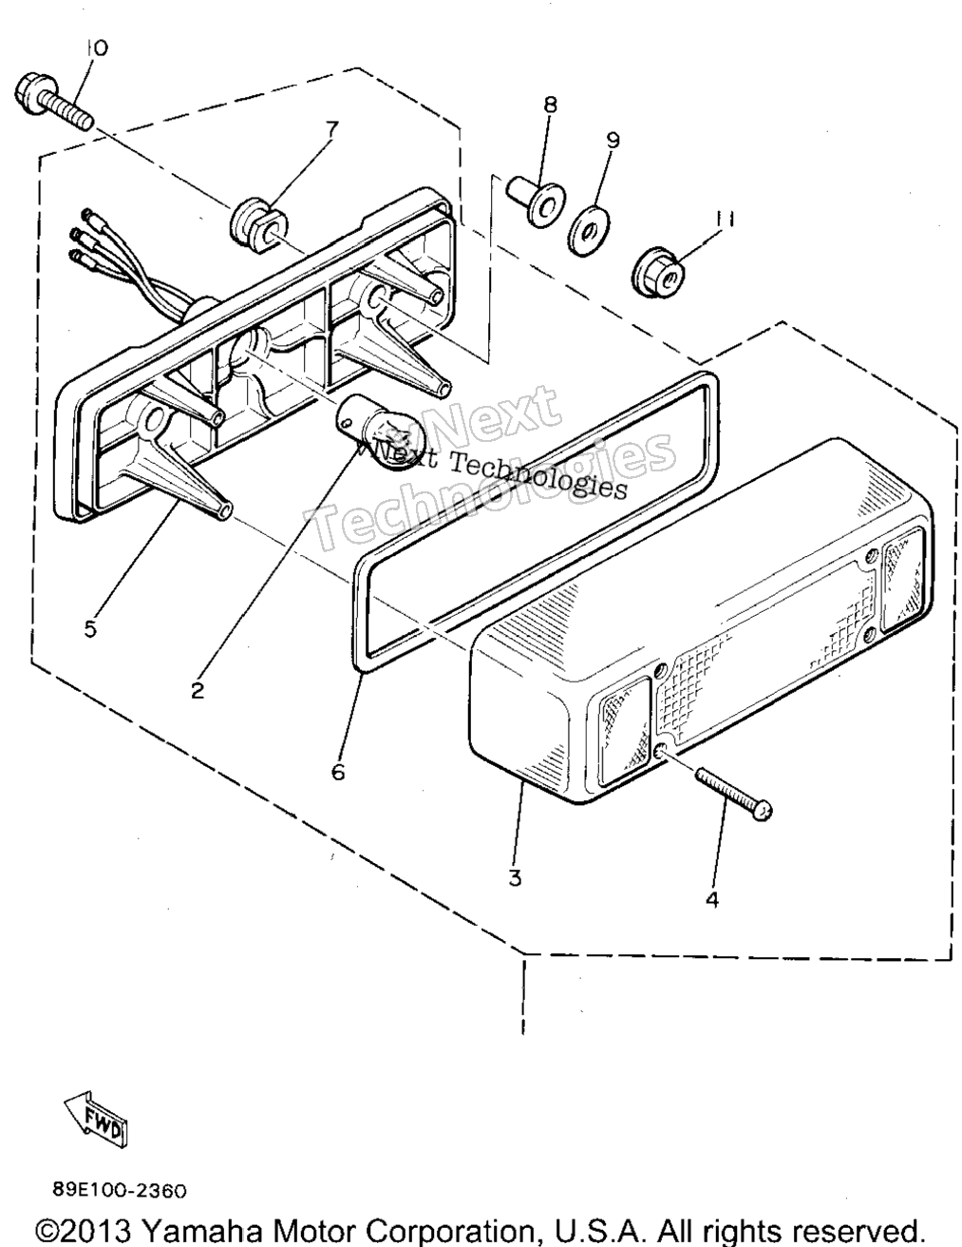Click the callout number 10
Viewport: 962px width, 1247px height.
[x=97, y=48]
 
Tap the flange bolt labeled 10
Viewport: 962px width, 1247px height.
[x=55, y=106]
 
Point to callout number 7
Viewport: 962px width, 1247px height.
[x=331, y=129]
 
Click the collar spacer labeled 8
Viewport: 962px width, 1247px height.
[x=535, y=201]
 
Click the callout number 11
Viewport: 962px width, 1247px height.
[x=724, y=219]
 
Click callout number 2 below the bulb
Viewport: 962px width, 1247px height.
[x=198, y=690]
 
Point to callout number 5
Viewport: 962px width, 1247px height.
[x=90, y=629]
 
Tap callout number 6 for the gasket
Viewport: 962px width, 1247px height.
[x=338, y=773]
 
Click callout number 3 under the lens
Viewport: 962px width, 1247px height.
[x=515, y=878]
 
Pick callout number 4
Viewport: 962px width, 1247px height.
[x=712, y=900]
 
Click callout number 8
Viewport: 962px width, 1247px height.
[x=550, y=105]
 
